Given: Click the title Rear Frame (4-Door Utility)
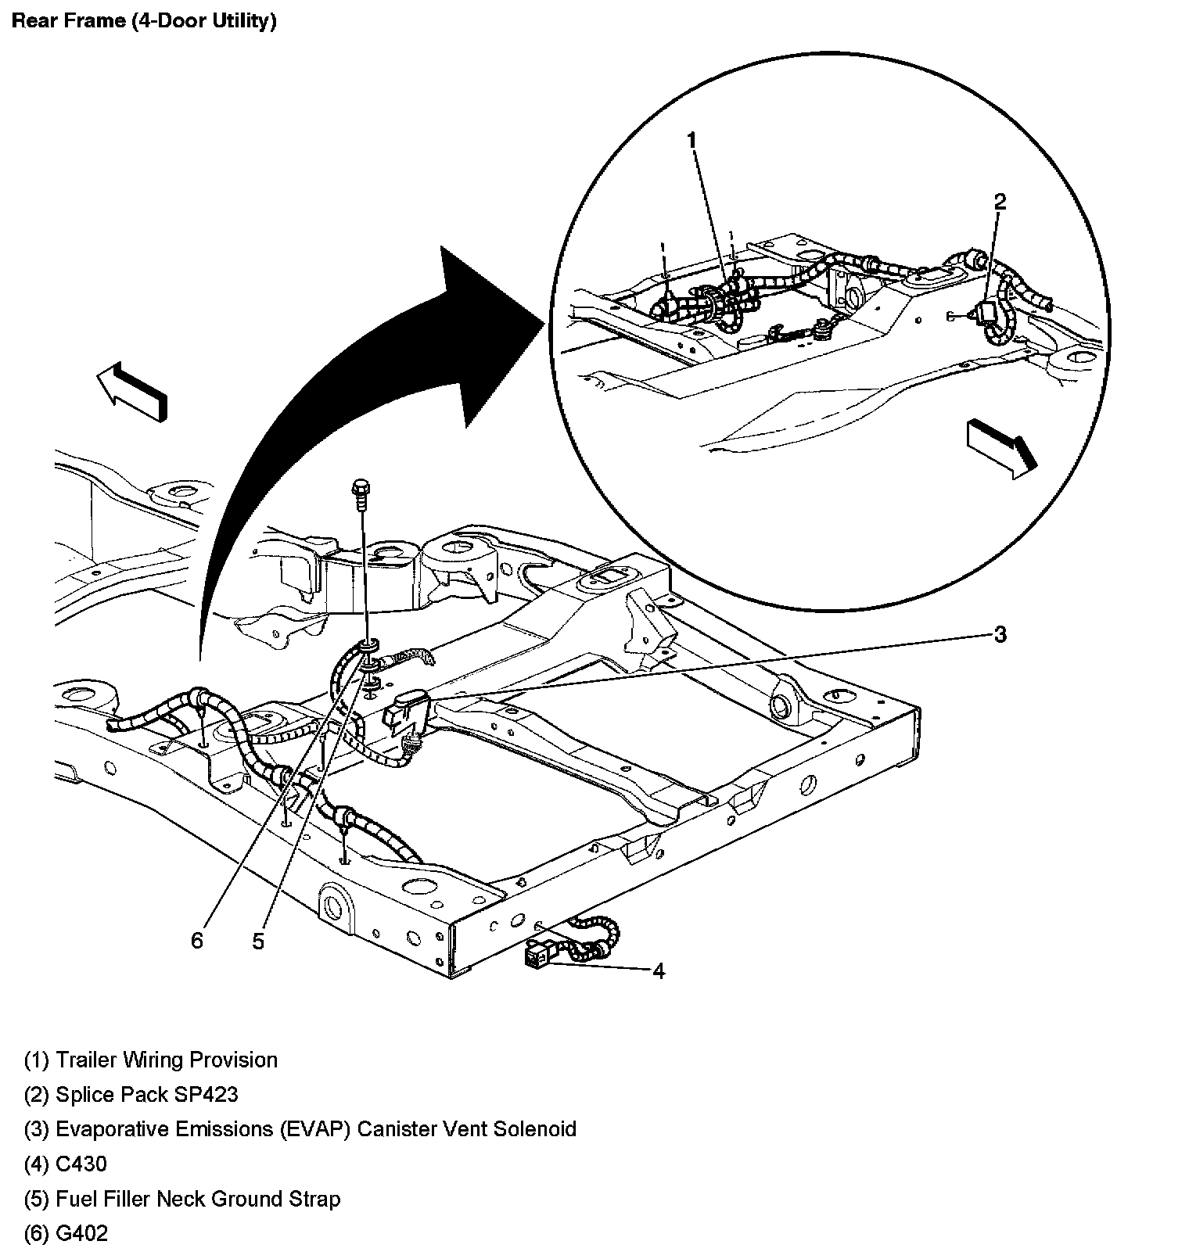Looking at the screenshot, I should [144, 21].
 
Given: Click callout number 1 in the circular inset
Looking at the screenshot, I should [691, 140].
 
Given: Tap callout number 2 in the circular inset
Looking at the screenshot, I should [1000, 202].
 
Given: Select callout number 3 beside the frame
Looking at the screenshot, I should [1000, 634].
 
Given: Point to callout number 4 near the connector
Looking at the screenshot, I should [659, 971].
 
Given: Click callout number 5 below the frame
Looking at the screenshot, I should [258, 942].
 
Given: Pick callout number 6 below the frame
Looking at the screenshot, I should [196, 941].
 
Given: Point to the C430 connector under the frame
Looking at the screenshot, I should [538, 956].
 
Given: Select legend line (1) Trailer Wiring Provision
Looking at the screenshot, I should [151, 1060].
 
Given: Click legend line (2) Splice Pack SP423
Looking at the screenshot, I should [131, 1094].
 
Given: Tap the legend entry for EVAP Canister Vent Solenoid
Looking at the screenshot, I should [300, 1129].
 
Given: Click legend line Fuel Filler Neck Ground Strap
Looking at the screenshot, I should [182, 1199].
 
